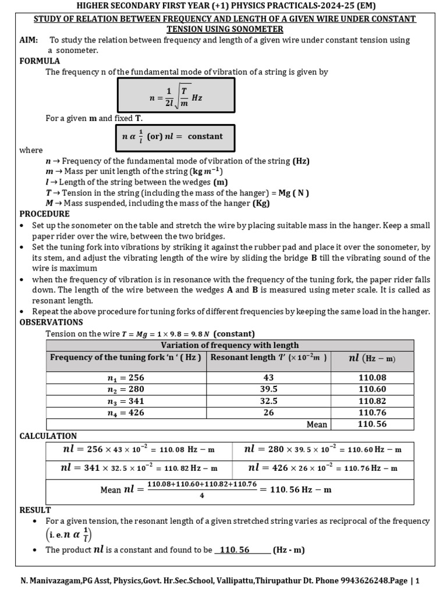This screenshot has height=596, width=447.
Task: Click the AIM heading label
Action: coord(29,40)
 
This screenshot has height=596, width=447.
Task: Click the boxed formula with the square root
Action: coord(176,95)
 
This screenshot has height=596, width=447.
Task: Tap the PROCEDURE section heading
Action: coord(44,214)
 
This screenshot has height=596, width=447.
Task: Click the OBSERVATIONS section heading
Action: coord(51,322)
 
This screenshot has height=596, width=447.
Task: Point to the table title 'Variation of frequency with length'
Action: coord(229,345)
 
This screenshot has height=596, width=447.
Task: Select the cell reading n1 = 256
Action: coord(126,378)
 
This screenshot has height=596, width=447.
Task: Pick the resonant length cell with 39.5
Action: coord(268,389)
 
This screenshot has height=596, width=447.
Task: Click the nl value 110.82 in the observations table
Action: coord(372,401)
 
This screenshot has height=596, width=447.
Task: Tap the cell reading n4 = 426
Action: coord(126,413)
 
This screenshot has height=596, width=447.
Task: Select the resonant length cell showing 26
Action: coord(268,413)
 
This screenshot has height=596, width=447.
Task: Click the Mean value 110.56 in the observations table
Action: coord(372,424)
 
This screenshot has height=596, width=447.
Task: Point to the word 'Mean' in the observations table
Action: coord(317,424)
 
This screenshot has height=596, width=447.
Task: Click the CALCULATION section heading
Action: coord(48,436)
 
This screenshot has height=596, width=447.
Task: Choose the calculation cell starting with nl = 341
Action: coord(139,468)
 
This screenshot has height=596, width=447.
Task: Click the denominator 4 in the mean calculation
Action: coord(202,495)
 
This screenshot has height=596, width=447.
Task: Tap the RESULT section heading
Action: coord(36,510)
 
